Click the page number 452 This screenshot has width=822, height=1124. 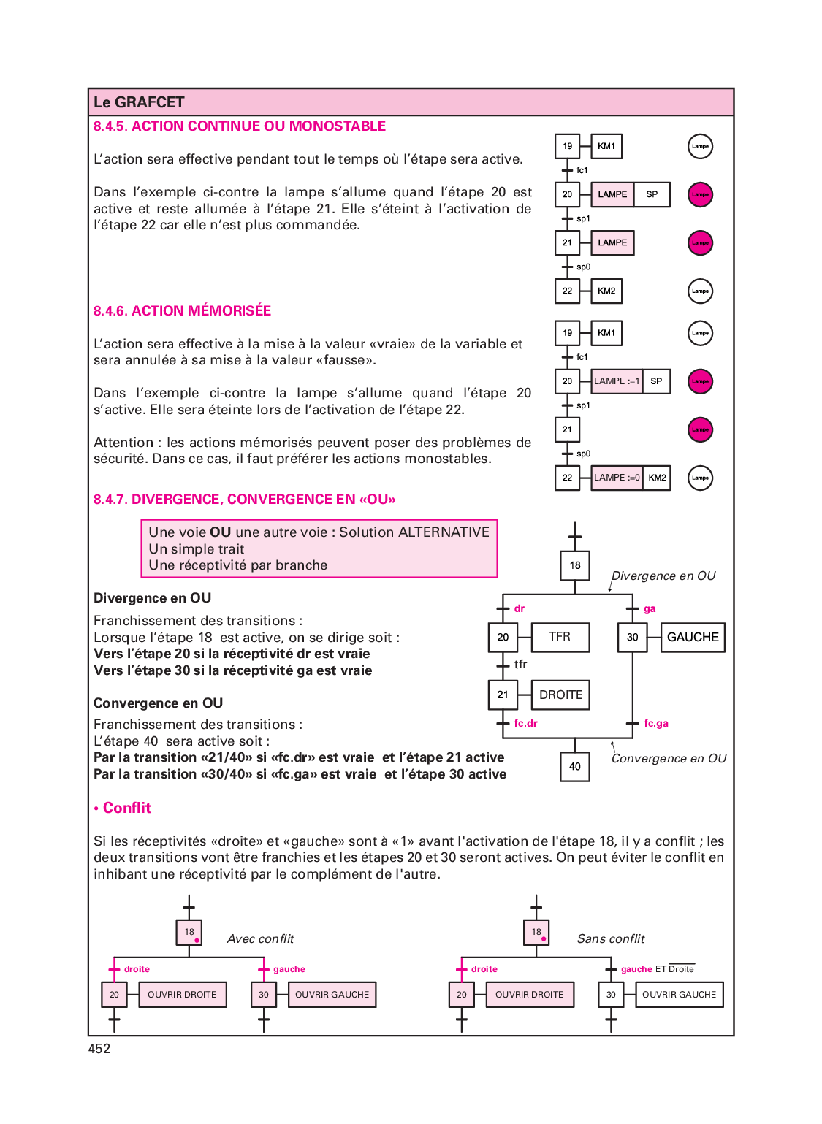pos(99,1048)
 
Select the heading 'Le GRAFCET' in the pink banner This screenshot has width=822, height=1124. pos(139,102)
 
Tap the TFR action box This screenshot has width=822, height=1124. pos(560,638)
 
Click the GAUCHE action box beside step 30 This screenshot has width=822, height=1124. pos(693,638)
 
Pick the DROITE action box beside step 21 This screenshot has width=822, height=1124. pos(560,695)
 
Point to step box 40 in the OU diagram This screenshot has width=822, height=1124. pos(574,767)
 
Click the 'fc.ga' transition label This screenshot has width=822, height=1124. pos(656,723)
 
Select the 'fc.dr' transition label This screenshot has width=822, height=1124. pos(525,723)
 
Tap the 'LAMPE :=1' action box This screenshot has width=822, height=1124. pos(617,381)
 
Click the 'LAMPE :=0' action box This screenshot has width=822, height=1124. pos(617,478)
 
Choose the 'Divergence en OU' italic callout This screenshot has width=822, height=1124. pos(663,576)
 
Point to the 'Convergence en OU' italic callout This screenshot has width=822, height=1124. pos(669,758)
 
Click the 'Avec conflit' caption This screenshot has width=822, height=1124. pos(260,938)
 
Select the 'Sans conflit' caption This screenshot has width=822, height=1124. pos(611,938)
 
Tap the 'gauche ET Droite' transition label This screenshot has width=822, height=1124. pos(658,969)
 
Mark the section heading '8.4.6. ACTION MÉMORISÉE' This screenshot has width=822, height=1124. pos(182,311)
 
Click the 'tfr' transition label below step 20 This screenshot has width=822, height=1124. pos(520,665)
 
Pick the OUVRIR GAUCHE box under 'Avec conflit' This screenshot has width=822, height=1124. pos(332,995)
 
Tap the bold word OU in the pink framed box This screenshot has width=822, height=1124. pos(220,532)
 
